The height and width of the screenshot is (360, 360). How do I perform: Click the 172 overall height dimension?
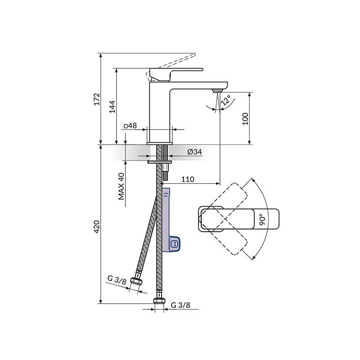(x=96, y=99)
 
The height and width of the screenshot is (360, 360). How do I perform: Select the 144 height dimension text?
(x=112, y=106)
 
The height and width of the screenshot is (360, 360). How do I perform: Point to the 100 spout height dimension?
(x=245, y=118)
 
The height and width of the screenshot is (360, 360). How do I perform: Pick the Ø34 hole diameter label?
(x=194, y=152)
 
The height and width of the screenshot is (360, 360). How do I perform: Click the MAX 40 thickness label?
(x=121, y=186)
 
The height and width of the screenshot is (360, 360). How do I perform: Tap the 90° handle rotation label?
(x=262, y=219)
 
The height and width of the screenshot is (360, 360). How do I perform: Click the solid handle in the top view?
(x=238, y=219)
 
